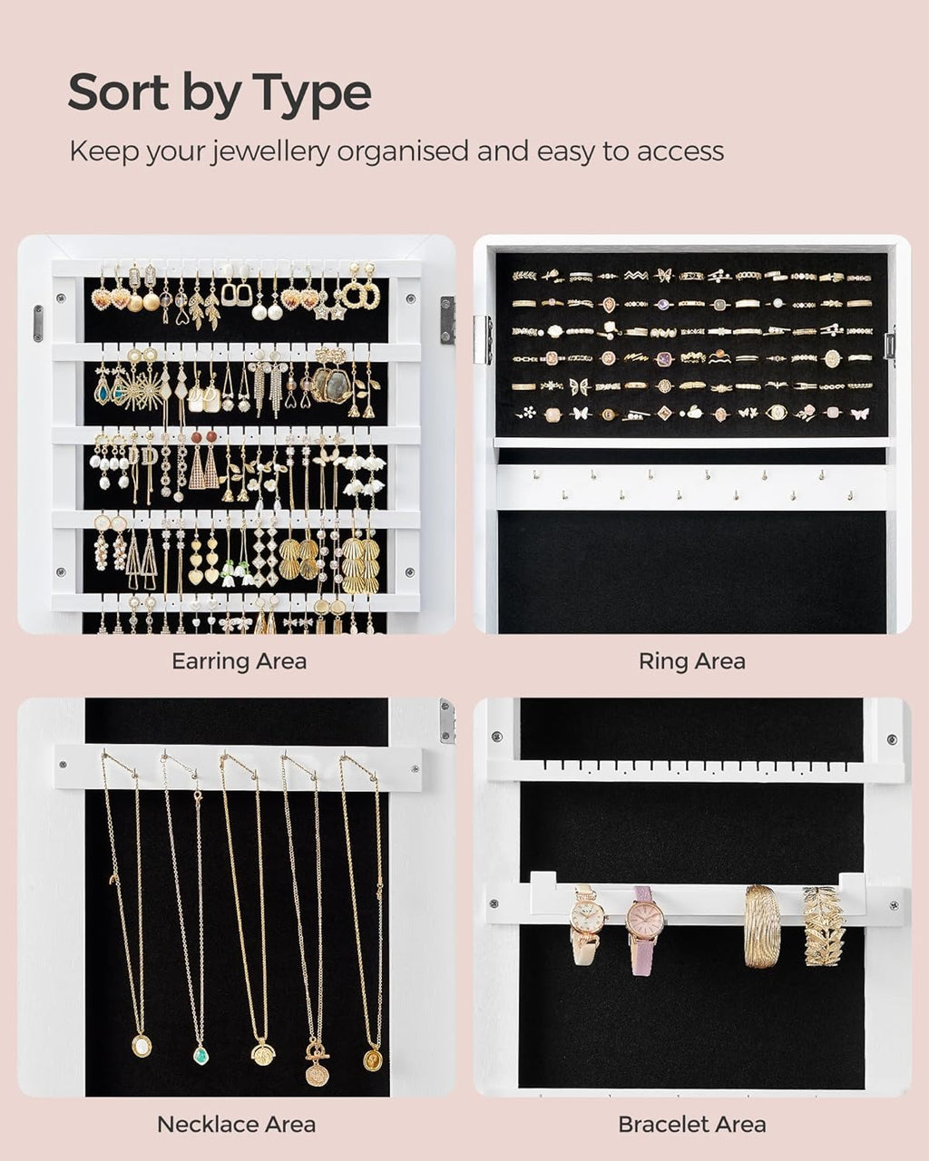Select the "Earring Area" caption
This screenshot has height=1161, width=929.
point(239,661)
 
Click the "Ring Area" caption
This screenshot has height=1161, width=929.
point(691,661)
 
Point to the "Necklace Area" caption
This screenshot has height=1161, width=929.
point(236,1125)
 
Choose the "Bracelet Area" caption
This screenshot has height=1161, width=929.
point(691,1125)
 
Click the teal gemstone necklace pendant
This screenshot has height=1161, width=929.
point(200,1055)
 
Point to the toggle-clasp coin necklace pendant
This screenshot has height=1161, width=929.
point(317,1070)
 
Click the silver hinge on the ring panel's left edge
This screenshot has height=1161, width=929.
point(482,339)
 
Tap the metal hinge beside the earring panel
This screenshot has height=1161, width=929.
point(447,319)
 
